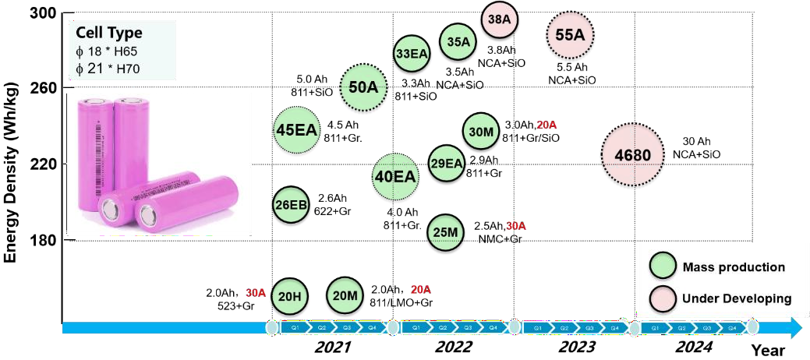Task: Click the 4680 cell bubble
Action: coord(632,156)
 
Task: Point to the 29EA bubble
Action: coord(447,163)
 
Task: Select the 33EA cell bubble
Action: coord(411,54)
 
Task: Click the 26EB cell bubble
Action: coord(291,206)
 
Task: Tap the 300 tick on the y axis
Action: coord(45,12)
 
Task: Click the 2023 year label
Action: coord(577,348)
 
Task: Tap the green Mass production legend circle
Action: coord(662,267)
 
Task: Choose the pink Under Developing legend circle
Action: coord(662,298)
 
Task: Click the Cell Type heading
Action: coord(110,34)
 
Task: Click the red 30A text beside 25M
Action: coord(516,226)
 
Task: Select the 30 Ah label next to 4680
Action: coord(695,142)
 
